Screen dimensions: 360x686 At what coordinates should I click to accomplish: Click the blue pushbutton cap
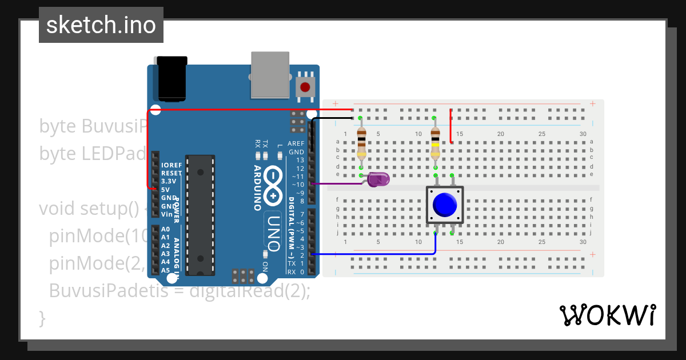coord(445,205)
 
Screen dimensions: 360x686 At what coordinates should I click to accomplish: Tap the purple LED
coord(378,179)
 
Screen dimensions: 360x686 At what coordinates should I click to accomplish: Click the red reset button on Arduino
coord(305,87)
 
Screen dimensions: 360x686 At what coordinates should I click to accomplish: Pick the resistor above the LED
coord(361,143)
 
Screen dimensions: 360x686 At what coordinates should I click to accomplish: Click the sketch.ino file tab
coord(101,25)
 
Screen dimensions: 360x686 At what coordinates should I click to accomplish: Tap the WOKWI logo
coord(607,315)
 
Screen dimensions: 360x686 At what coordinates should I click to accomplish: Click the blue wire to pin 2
coord(377,254)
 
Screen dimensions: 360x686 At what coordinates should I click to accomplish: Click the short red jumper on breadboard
coord(451,126)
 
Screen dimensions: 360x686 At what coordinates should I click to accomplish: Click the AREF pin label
coord(296,143)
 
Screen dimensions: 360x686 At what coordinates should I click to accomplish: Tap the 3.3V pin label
coord(169,181)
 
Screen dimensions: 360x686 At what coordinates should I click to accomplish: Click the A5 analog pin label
coord(165,270)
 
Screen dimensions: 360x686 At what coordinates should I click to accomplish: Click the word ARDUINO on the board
coord(258,188)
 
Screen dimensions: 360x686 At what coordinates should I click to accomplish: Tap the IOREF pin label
coord(171,165)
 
